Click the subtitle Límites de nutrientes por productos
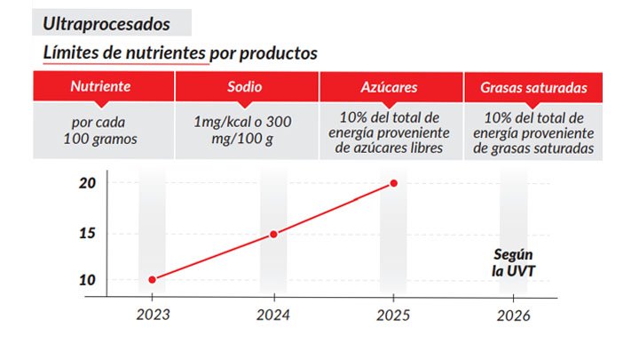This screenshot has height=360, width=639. click(x=180, y=53)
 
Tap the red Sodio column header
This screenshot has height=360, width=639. click(x=246, y=88)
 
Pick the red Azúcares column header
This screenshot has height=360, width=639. click(x=390, y=88)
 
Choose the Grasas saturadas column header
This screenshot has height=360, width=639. click(x=533, y=88)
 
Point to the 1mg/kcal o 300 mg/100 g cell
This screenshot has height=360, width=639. click(x=246, y=132)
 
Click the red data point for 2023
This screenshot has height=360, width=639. click(x=152, y=279)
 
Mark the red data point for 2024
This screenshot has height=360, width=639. click(x=273, y=234)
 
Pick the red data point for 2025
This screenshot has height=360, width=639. click(x=394, y=183)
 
